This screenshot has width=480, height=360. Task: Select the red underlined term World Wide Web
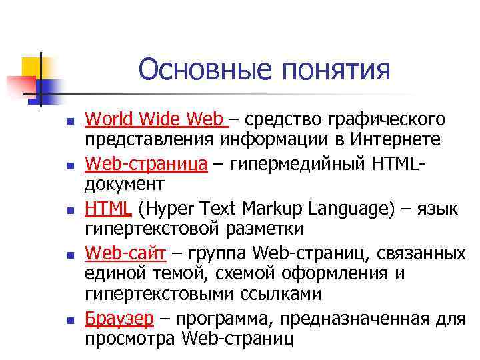[x=155, y=120]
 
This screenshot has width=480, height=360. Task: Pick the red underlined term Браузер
[x=119, y=318]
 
